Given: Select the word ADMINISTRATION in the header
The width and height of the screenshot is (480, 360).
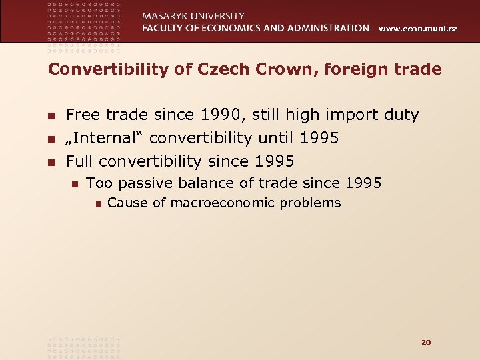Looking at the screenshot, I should pos(323,28).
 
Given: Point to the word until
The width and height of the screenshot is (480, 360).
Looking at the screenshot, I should pos(275,139).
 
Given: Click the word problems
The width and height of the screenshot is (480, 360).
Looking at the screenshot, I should pos(310,203).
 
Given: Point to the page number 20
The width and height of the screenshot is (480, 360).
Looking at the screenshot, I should pos(426,342).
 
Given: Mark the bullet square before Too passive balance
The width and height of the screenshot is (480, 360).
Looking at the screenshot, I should pos(75,183).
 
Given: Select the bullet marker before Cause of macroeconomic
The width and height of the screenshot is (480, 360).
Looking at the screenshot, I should pos(97,203).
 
